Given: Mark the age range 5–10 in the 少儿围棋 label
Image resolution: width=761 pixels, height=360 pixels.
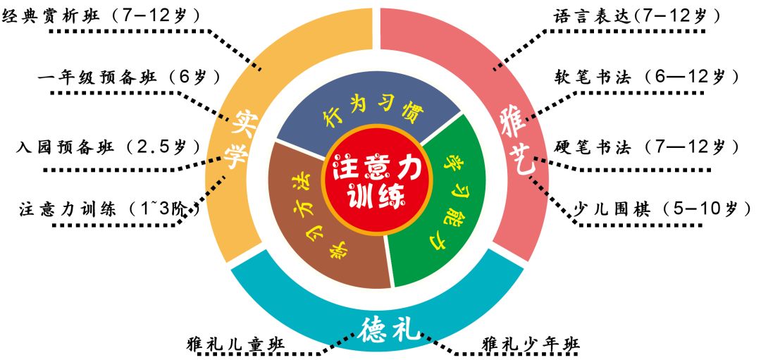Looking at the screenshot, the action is tap(695, 209).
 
